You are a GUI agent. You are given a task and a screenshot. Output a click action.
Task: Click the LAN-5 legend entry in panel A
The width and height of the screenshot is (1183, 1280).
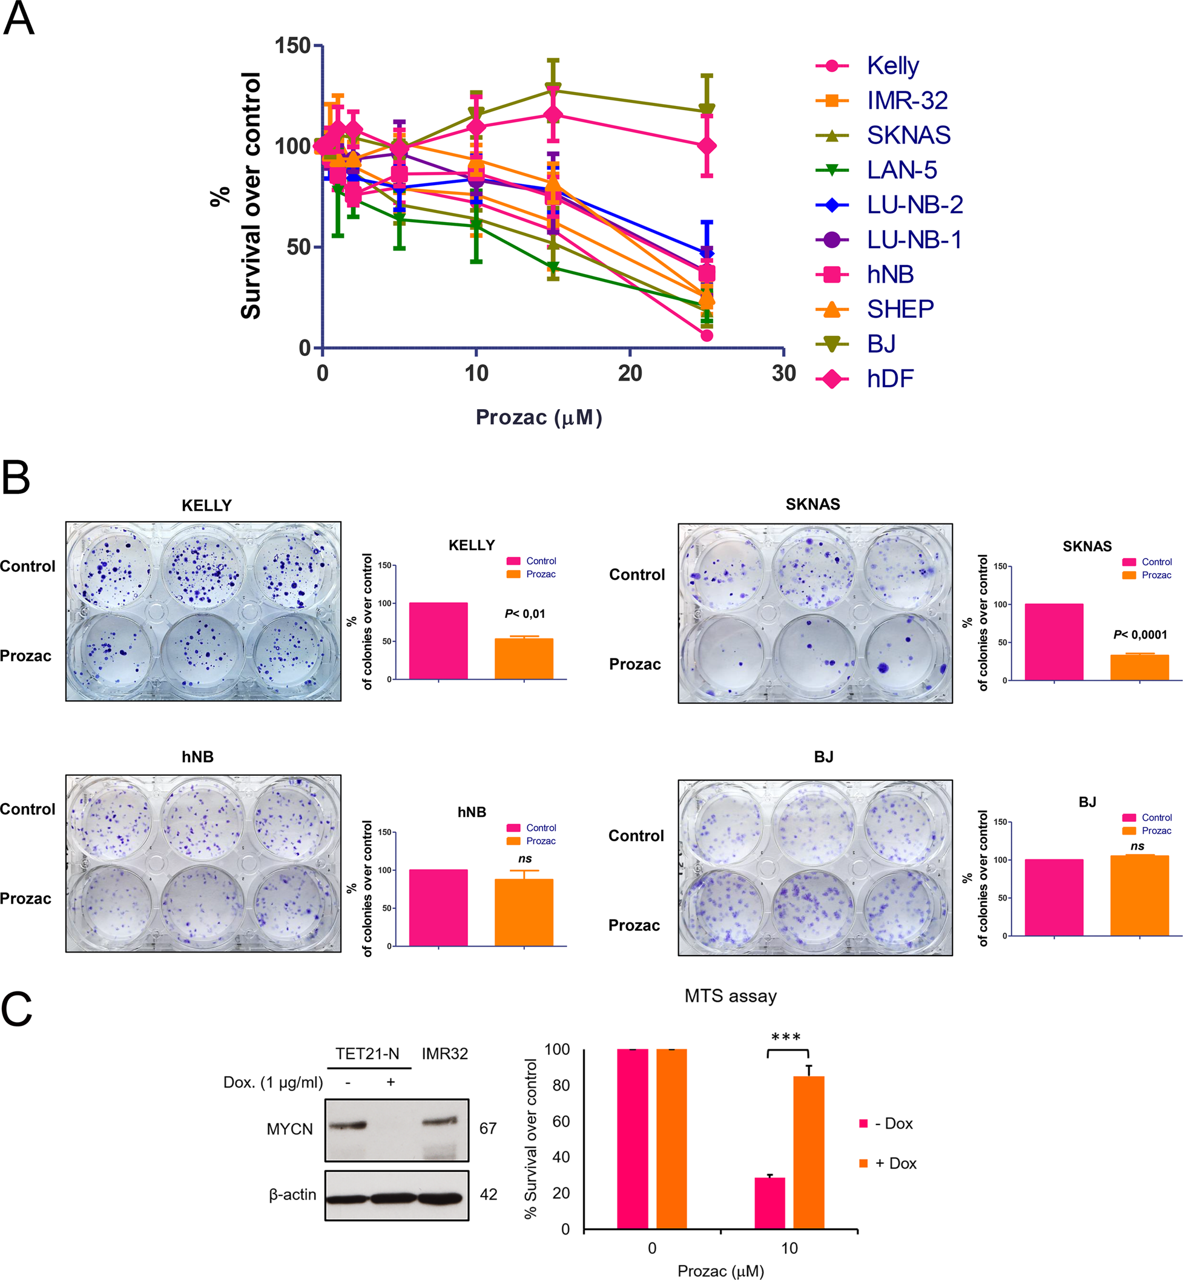(901, 170)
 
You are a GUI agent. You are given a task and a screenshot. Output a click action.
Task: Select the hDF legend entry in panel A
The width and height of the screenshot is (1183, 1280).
(890, 379)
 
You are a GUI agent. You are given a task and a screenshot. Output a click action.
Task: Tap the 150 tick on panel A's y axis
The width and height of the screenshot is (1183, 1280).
(292, 45)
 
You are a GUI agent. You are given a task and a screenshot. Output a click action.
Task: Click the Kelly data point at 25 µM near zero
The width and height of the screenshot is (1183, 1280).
(707, 335)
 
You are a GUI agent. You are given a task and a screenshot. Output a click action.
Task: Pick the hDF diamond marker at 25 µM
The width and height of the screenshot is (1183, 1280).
(707, 146)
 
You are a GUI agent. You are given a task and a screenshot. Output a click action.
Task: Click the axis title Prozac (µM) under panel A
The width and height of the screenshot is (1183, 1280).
(538, 417)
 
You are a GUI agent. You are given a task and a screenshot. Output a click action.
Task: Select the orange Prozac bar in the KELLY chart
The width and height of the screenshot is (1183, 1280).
(524, 658)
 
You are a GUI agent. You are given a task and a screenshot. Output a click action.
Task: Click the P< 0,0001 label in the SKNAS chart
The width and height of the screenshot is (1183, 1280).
(1140, 635)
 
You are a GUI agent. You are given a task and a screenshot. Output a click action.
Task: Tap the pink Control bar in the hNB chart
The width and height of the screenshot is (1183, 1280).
(438, 908)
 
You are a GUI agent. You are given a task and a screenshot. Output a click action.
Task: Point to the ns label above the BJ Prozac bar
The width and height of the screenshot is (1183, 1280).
(1137, 846)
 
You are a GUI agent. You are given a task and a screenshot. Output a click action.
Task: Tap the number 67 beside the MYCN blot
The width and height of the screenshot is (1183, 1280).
(488, 1128)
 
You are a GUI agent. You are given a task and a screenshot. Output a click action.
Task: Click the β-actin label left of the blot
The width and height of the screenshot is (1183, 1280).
(292, 1194)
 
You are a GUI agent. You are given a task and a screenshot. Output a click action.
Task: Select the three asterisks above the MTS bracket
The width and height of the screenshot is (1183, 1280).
(786, 1037)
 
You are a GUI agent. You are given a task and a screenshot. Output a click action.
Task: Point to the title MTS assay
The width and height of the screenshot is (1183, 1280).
(730, 996)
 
